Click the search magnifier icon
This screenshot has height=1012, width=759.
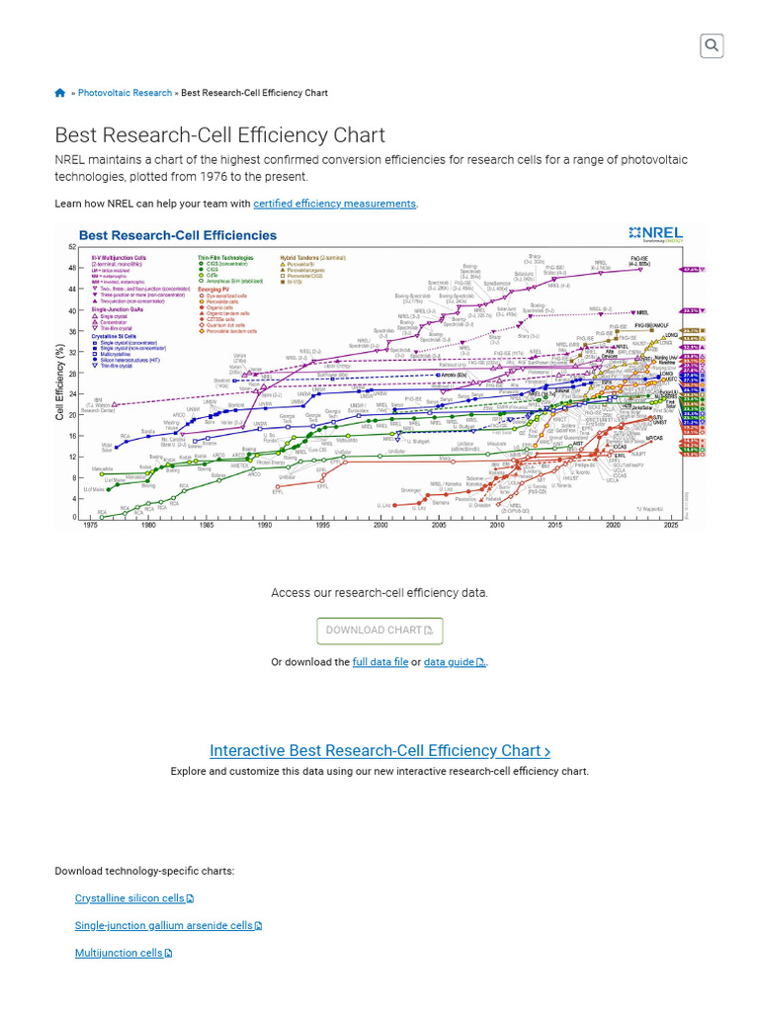[712, 45]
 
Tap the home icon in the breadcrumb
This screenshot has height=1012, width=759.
[60, 93]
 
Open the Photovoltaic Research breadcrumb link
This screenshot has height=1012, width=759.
[125, 93]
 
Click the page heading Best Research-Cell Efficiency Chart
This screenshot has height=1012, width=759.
[219, 135]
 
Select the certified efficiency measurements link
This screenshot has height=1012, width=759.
[334, 204]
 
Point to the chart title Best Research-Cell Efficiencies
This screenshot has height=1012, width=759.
[178, 235]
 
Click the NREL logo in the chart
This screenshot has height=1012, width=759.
[655, 234]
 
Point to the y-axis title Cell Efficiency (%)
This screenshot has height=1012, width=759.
[60, 381]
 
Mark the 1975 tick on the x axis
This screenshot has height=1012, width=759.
[90, 526]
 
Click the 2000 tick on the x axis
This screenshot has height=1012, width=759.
[380, 526]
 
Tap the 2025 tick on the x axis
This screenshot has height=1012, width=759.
[671, 526]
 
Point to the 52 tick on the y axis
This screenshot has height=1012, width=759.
[72, 247]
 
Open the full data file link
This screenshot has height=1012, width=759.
[379, 662]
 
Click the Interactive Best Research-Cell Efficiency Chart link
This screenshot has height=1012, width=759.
[379, 751]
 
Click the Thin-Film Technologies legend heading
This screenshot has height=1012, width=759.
[226, 255]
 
